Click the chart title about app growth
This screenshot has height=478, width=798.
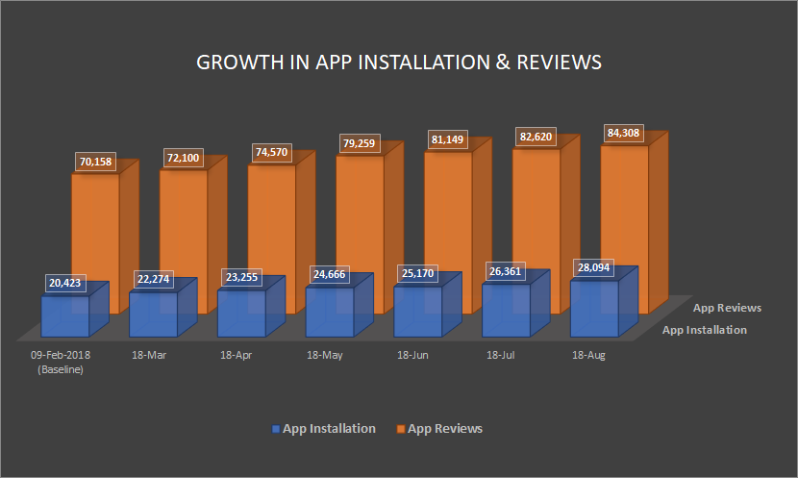point(399,63)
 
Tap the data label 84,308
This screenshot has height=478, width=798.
point(622,134)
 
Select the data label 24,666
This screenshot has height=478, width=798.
point(330,275)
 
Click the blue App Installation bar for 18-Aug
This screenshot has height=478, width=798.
point(594,310)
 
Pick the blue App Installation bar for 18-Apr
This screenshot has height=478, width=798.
point(241,313)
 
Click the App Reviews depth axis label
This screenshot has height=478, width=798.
point(727,308)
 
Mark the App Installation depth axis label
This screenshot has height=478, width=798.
point(705,330)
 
